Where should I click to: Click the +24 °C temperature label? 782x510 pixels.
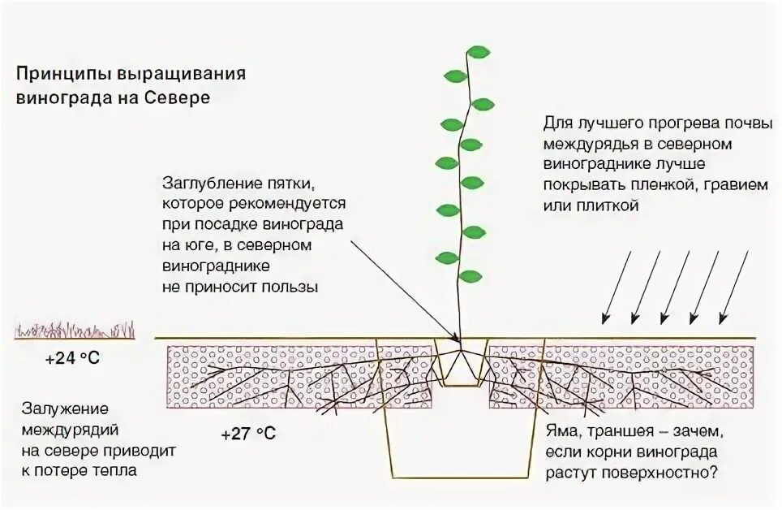73,357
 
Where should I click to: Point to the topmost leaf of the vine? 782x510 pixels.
479,54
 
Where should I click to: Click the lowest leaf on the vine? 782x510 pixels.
446,258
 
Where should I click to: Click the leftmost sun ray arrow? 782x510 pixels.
617,284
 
